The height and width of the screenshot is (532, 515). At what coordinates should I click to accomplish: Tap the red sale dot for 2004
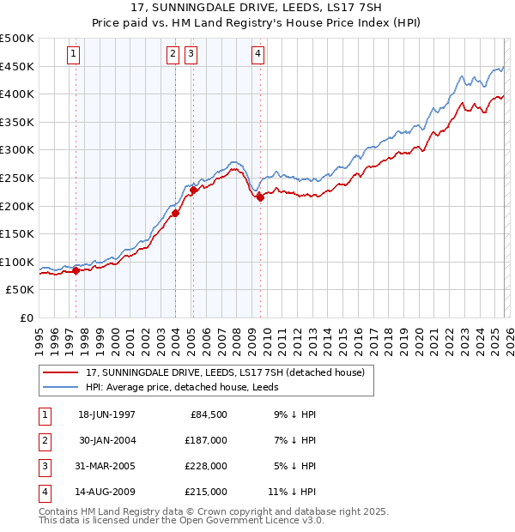click(175, 213)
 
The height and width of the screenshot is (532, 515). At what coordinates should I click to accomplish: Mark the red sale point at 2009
click(259, 197)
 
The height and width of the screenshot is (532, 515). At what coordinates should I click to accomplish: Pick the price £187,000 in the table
click(206, 440)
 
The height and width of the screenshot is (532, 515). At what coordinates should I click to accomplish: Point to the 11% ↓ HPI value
click(292, 492)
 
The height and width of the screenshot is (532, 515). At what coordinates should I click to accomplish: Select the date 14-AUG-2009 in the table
click(106, 492)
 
